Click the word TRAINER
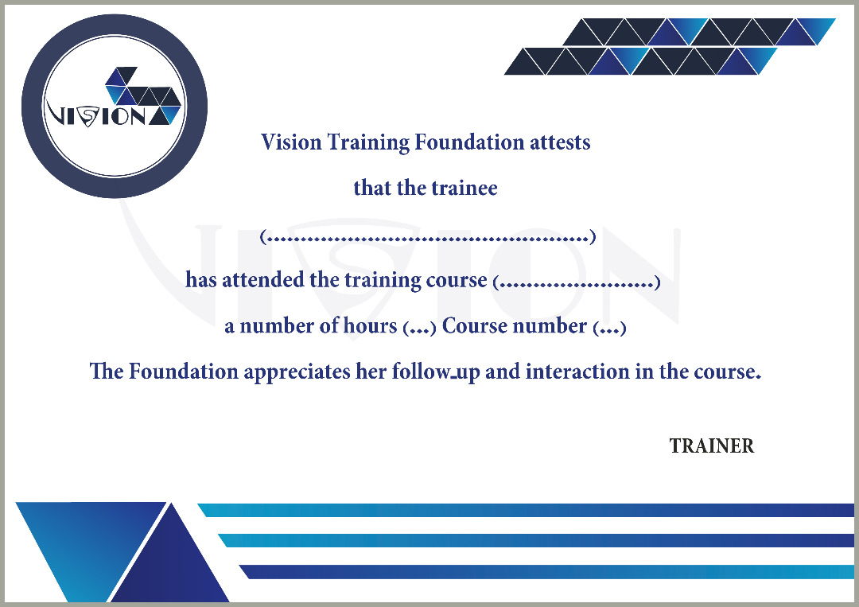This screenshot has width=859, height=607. (712, 446)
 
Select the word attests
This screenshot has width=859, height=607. (560, 142)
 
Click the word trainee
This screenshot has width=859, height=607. (464, 188)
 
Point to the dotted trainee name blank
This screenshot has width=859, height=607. (427, 237)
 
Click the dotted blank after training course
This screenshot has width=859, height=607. (577, 282)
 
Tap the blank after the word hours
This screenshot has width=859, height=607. (419, 328)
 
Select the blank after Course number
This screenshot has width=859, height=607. (610, 328)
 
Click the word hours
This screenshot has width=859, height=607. (370, 325)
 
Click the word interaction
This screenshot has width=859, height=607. (577, 372)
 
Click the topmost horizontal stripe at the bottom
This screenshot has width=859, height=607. (526, 510)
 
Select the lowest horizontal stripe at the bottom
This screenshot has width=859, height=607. (546, 572)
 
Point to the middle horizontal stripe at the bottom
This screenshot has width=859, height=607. (536, 541)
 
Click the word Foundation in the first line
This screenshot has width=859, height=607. (469, 142)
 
